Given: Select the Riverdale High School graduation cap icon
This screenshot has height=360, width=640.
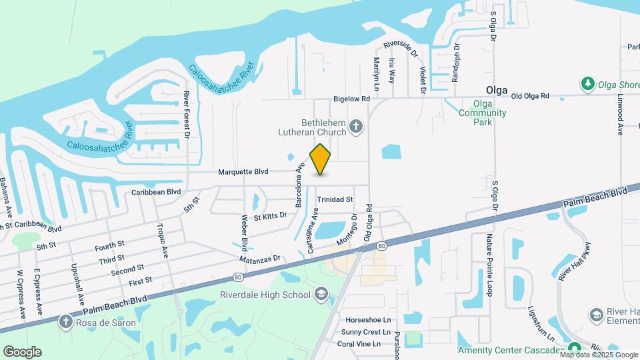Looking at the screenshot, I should tap(321, 294).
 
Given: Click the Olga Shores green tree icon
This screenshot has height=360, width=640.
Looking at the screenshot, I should tap(587, 83).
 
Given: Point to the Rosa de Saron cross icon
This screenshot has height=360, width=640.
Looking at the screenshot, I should tap(65, 323).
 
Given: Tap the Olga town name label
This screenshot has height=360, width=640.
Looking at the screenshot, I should tap(497, 90).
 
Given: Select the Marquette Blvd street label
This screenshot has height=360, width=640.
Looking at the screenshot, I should tap(243, 172).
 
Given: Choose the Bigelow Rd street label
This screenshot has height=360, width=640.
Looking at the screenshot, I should tap(351, 99).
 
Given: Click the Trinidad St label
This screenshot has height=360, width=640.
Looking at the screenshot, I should tap(334, 199).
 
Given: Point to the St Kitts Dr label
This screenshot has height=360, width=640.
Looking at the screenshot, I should tap(270, 215).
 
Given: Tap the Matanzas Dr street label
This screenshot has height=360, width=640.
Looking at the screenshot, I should tap(259, 258).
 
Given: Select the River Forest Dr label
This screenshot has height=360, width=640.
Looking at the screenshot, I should tap(187, 115).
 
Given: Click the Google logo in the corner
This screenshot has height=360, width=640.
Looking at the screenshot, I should tap(22, 352).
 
